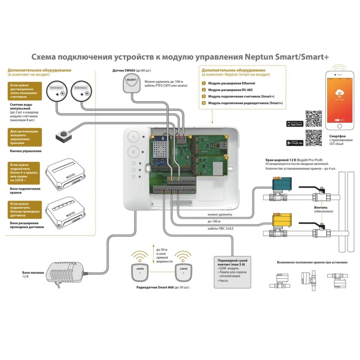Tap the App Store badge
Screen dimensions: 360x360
[x=295, y=124]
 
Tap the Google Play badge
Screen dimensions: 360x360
[x=295, y=143]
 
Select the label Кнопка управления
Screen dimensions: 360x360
[x=26, y=151]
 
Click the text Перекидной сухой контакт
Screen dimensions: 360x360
[x=233, y=261]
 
